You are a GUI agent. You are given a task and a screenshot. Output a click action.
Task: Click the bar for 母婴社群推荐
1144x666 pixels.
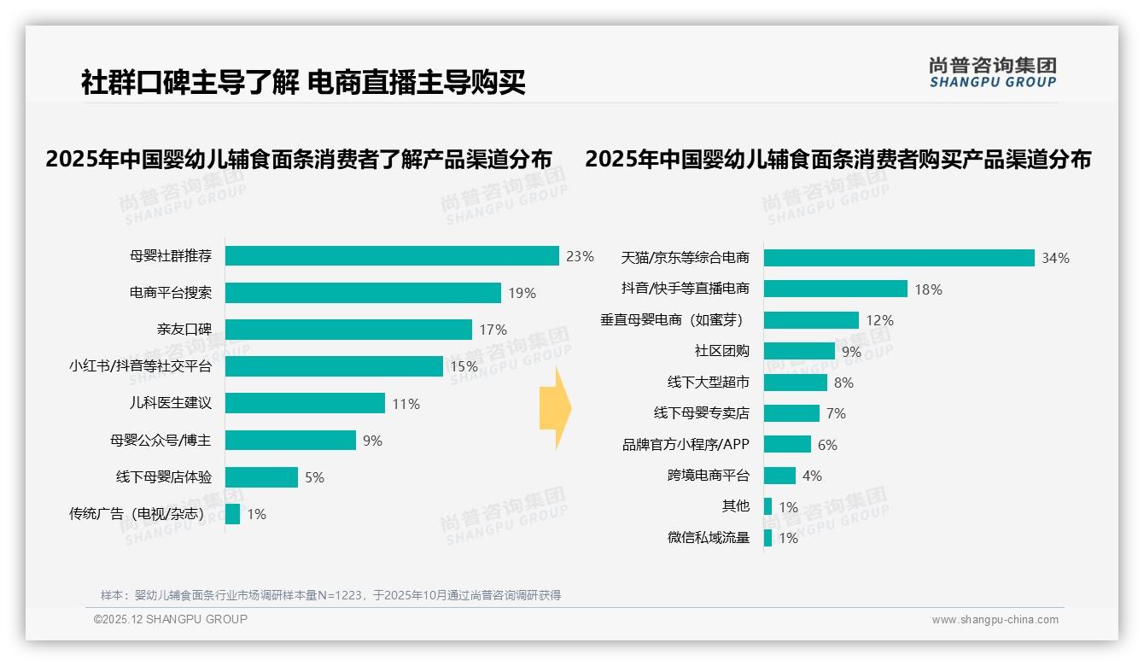coord(392,256)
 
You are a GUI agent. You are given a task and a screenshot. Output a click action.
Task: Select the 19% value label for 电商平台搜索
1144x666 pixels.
coord(522,293)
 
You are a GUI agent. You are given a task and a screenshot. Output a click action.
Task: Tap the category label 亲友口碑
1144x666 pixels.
coord(184,330)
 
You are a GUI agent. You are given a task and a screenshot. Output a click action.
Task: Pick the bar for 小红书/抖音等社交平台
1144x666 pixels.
coord(334,366)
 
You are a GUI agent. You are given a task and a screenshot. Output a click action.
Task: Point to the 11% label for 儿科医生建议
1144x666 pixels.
coord(406,404)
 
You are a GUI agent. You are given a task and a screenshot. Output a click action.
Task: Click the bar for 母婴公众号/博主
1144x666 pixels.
coord(290,441)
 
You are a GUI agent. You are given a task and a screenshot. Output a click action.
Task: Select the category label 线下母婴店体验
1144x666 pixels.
coord(164,477)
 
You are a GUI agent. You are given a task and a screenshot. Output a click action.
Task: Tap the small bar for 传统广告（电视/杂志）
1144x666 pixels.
coord(232,514)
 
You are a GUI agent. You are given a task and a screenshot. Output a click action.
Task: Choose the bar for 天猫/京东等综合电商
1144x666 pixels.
coord(898,258)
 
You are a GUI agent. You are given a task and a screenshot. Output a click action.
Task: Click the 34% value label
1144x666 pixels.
coord(1055,258)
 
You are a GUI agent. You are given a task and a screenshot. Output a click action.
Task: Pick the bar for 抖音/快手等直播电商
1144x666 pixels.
coord(835,289)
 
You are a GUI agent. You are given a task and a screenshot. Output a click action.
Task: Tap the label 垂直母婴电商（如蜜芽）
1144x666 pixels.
coord(674,320)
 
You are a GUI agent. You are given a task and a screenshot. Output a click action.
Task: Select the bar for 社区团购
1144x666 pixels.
coord(799,351)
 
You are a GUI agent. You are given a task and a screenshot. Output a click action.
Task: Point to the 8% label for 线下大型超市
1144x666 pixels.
coord(843,383)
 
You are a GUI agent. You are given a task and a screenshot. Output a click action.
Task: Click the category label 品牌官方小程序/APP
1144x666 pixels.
coord(686,445)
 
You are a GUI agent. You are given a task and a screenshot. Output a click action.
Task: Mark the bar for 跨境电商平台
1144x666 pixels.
coord(779,476)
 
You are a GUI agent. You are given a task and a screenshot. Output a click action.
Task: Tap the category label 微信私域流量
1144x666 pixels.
coord(708,538)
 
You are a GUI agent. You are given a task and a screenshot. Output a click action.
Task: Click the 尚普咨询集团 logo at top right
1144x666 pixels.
coord(992,73)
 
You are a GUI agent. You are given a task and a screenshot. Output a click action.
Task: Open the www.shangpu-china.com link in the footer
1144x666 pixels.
coord(995,620)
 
